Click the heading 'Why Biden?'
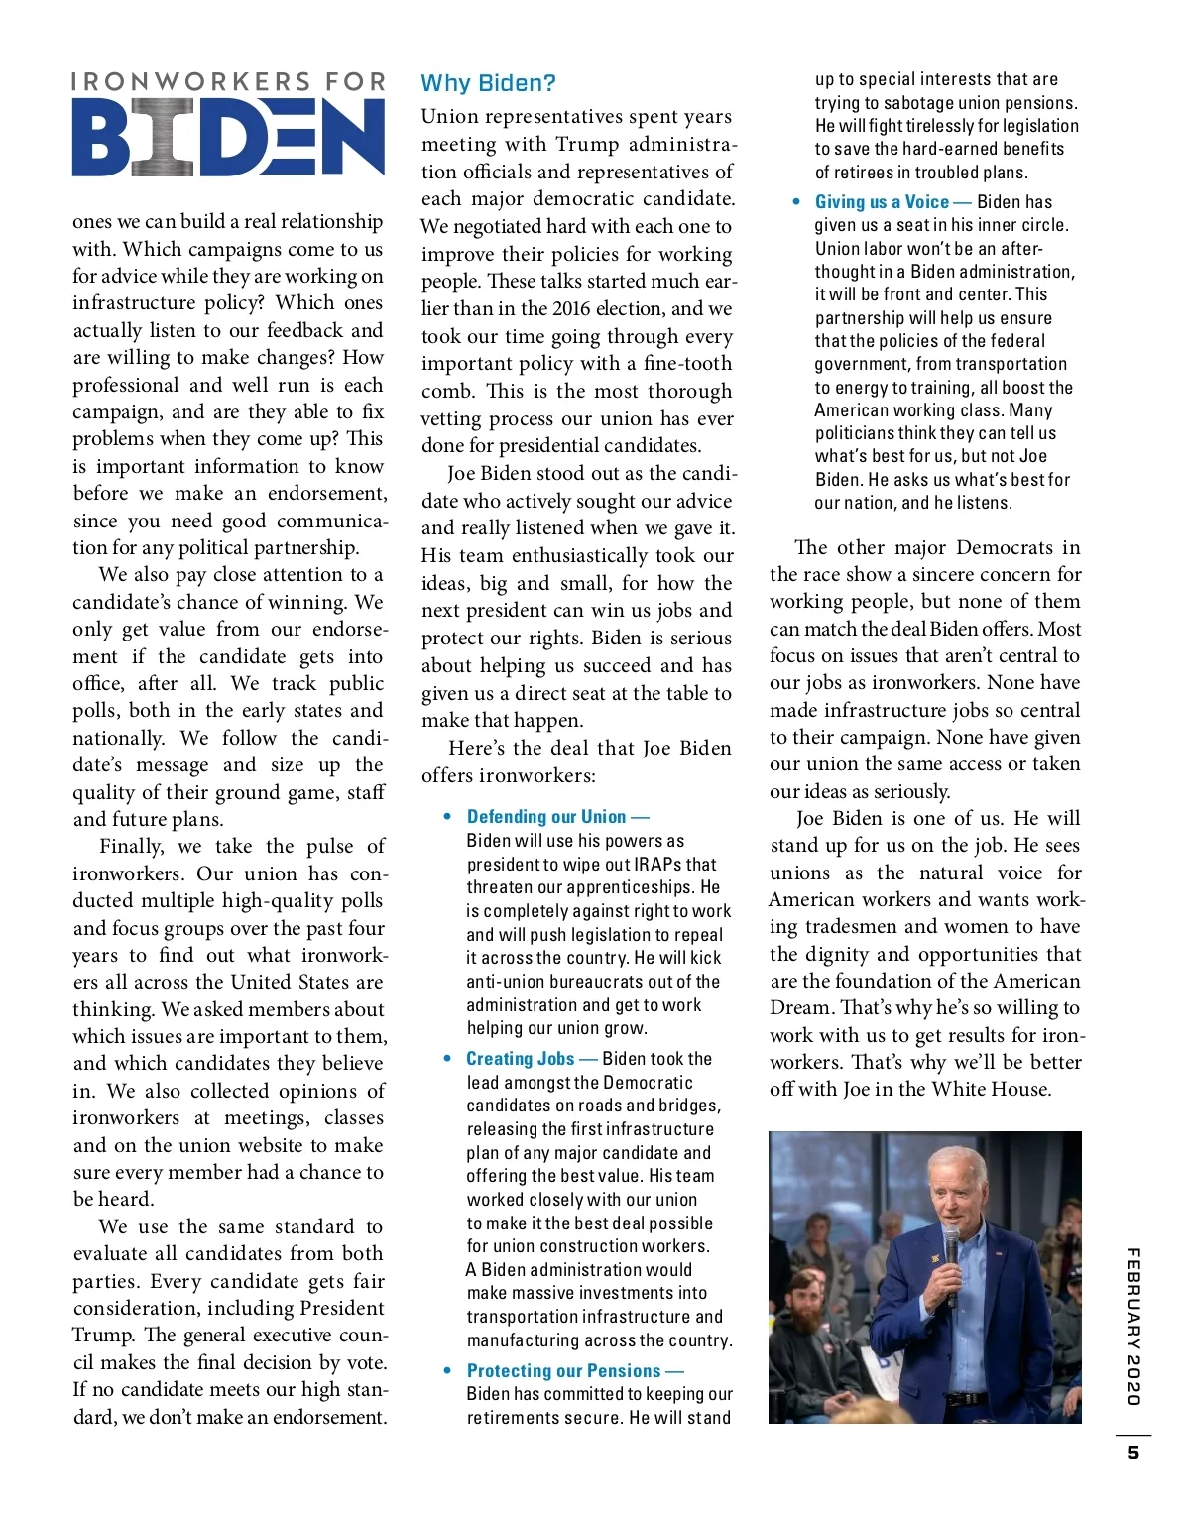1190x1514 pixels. tap(488, 83)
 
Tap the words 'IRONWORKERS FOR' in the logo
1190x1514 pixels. tap(228, 81)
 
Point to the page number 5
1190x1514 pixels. tap(1132, 1453)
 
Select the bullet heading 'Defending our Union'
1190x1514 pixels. tap(546, 817)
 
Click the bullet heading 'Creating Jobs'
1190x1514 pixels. tap(520, 1059)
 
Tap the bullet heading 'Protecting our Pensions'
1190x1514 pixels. tap(563, 1370)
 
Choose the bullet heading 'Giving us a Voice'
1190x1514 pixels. tap(882, 202)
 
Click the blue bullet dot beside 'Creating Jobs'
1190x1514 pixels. tap(448, 1059)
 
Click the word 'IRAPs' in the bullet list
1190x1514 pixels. tap(658, 864)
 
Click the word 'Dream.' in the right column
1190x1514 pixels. tap(801, 1007)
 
